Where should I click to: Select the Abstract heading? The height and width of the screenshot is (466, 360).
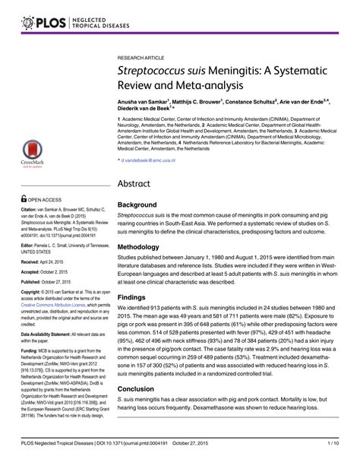[x=138, y=183]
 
